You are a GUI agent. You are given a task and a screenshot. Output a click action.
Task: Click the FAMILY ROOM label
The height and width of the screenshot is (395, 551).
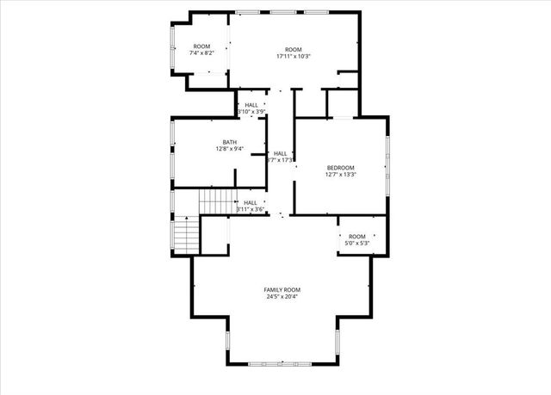point(282,290)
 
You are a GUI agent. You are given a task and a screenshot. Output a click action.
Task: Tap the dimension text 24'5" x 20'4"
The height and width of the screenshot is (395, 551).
point(282,298)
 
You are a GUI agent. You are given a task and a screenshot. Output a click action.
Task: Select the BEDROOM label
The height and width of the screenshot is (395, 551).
point(340,167)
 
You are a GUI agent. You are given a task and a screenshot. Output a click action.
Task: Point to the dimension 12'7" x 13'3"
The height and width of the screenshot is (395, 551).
point(340,175)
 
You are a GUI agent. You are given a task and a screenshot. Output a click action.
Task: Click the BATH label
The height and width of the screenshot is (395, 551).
point(229,142)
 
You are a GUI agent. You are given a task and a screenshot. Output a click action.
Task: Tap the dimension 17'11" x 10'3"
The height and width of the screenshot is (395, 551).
point(294,57)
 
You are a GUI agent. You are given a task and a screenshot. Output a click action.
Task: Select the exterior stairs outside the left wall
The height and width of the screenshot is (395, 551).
point(185,234)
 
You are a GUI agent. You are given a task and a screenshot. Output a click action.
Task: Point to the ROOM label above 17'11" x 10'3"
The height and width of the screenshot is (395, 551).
point(294,49)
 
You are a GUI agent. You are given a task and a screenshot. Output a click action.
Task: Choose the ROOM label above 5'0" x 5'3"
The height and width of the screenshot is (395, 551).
point(356,237)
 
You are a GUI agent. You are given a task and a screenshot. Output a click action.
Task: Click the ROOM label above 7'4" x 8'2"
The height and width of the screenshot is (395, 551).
point(201,46)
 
